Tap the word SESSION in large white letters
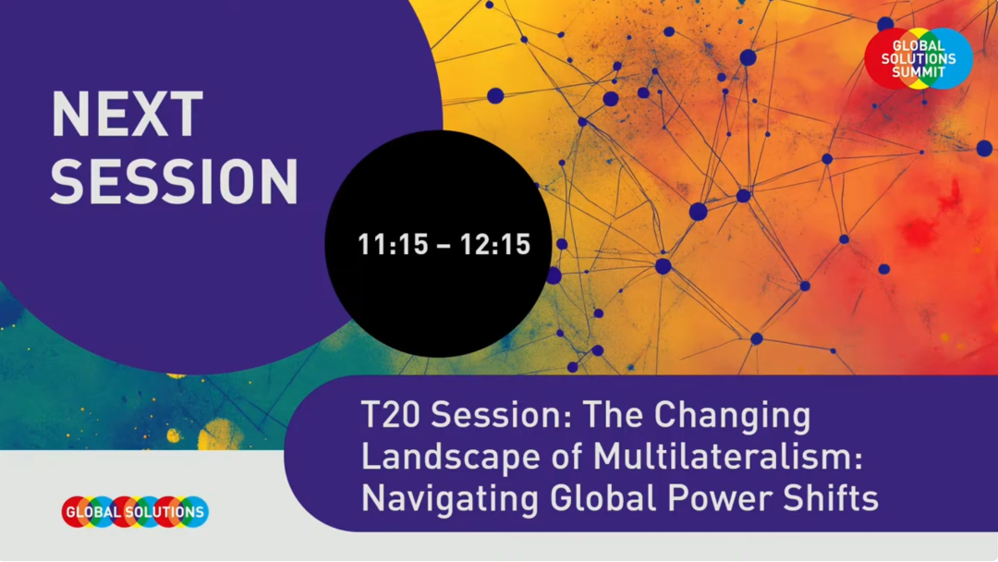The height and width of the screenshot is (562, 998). pyautogui.click(x=175, y=181)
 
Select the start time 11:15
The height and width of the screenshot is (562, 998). pyautogui.click(x=394, y=245)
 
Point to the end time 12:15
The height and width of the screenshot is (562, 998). pyautogui.click(x=495, y=245)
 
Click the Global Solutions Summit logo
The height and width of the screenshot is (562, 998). pyautogui.click(x=919, y=58)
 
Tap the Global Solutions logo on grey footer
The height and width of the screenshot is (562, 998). pyautogui.click(x=135, y=512)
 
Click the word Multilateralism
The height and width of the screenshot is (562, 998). pyautogui.click(x=727, y=457)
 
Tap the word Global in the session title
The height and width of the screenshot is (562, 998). pyautogui.click(x=602, y=498)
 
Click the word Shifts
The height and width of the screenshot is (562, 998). pyautogui.click(x=831, y=498)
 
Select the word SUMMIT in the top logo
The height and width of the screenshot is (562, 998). pyautogui.click(x=919, y=72)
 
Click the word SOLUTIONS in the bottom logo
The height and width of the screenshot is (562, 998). pyautogui.click(x=164, y=512)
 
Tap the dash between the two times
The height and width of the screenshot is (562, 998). pyautogui.click(x=444, y=246)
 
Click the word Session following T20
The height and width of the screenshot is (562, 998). pyautogui.click(x=500, y=415)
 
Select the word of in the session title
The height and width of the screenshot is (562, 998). pyautogui.click(x=566, y=457)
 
